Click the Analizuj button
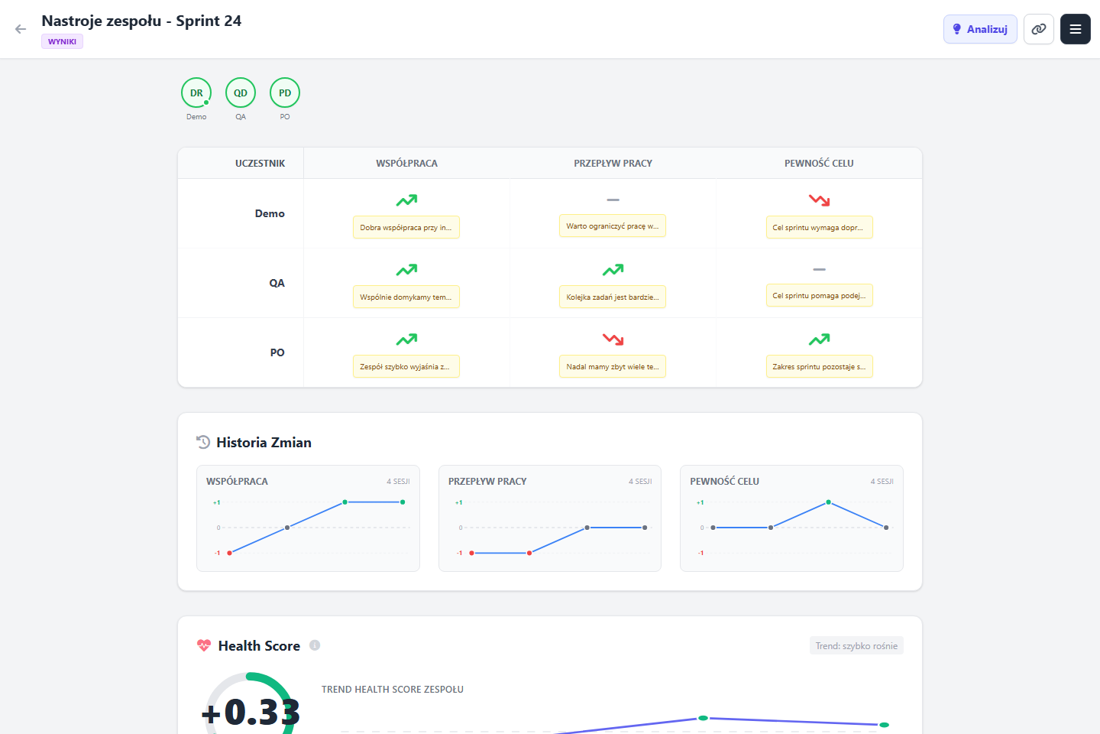click(979, 29)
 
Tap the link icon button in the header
click(1039, 29)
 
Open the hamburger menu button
click(1075, 29)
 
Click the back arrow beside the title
click(20, 29)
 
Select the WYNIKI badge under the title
click(62, 41)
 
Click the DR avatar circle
click(196, 93)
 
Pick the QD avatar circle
click(241, 93)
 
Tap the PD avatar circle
click(285, 93)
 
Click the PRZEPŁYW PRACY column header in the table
click(613, 163)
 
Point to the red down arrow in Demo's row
click(819, 200)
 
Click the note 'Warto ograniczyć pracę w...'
click(613, 226)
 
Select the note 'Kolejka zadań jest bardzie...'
click(613, 297)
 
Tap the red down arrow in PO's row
click(613, 339)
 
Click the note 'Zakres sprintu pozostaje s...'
click(819, 367)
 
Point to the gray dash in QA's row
click(819, 269)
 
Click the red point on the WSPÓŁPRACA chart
click(229, 553)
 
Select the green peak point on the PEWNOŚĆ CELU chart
click(828, 502)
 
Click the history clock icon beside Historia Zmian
click(203, 442)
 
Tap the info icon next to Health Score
click(315, 645)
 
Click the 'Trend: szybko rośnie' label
click(856, 646)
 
